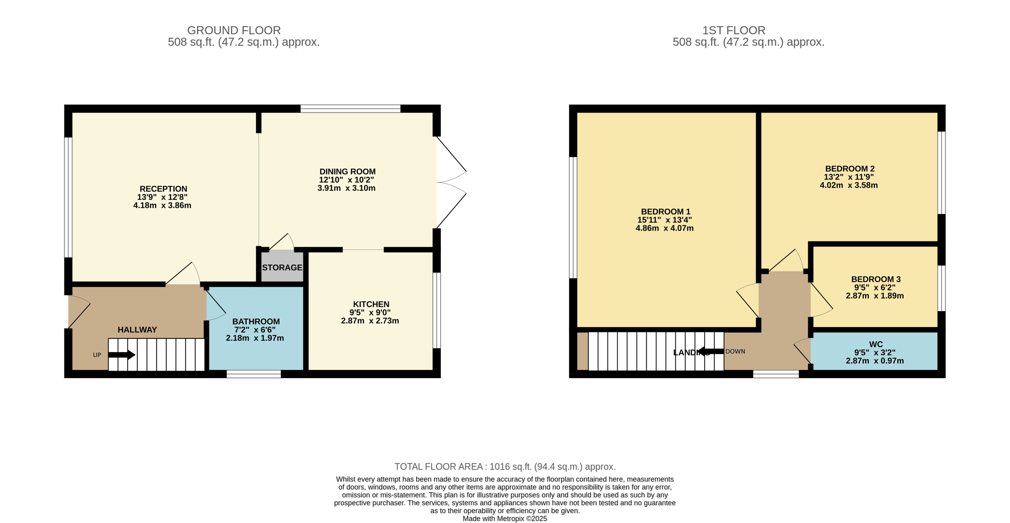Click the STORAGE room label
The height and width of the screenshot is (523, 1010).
click(x=282, y=267)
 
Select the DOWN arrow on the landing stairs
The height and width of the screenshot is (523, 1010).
click(x=711, y=351)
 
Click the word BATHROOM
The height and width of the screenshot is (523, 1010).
click(x=256, y=321)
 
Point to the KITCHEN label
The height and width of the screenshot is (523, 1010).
click(x=371, y=304)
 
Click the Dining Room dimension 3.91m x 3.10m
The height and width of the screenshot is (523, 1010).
click(x=346, y=188)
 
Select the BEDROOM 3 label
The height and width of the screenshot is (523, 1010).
click(x=876, y=279)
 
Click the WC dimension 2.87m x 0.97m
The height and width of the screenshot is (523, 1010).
click(x=874, y=361)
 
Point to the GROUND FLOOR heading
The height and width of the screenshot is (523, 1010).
click(x=234, y=30)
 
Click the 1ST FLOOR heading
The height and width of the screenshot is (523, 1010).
click(x=733, y=30)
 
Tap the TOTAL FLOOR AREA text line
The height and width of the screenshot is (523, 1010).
click(x=505, y=466)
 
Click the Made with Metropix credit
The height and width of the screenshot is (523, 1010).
click(x=505, y=518)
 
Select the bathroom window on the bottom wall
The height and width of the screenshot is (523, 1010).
click(x=254, y=374)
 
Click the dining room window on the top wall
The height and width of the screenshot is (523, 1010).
click(x=350, y=108)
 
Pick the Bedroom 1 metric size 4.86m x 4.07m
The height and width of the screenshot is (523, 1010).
click(x=664, y=228)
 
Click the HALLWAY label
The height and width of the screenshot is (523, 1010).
click(x=137, y=330)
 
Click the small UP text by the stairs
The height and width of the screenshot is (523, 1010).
click(x=97, y=355)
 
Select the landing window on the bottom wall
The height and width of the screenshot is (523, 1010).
click(x=776, y=374)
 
